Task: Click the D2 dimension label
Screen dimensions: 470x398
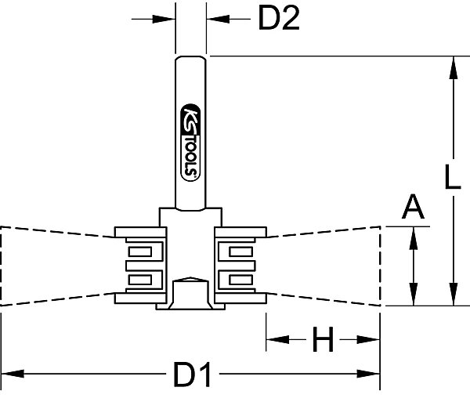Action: [279, 19]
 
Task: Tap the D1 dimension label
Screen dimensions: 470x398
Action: [193, 374]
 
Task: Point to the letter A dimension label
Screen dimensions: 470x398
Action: [413, 207]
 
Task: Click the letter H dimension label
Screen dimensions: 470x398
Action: [323, 339]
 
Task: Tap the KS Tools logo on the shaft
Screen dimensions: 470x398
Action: [190, 143]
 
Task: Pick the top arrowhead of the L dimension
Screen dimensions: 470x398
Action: [454, 67]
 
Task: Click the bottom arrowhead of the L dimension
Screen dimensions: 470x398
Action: [454, 294]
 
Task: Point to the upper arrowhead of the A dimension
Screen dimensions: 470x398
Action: [414, 238]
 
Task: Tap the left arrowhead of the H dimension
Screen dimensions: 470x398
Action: [278, 339]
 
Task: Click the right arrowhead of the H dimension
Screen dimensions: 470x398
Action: [368, 339]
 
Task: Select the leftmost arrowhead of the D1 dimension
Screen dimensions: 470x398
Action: [13, 374]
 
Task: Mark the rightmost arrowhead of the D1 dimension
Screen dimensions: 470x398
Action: [368, 374]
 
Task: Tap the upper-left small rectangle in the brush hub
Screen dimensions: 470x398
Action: [140, 251]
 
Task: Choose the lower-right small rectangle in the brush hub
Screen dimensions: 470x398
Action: [240, 280]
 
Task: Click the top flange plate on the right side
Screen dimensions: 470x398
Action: [240, 232]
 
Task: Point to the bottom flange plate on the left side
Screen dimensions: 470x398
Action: [140, 298]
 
